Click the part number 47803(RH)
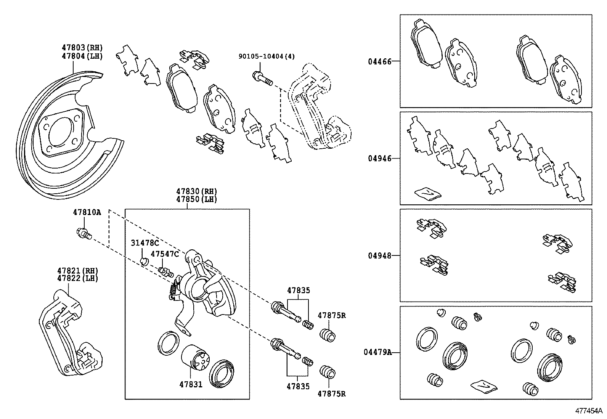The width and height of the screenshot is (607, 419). (82, 48)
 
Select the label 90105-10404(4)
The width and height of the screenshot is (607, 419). (267, 56)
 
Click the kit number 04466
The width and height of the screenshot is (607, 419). (379, 61)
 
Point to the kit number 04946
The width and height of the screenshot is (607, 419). (379, 159)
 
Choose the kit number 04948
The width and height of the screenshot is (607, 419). (379, 255)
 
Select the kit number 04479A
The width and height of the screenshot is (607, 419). (377, 353)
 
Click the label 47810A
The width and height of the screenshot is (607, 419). (87, 212)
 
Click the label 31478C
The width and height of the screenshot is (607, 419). (145, 243)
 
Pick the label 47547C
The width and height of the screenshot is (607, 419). (164, 254)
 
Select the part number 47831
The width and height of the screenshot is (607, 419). (191, 385)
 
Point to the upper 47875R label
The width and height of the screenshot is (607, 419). (332, 315)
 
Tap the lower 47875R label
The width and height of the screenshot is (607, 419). (332, 394)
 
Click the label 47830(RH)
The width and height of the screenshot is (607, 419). (196, 192)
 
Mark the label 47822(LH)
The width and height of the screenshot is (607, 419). (78, 278)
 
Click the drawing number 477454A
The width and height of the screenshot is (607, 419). (589, 411)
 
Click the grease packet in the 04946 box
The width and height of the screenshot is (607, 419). (427, 194)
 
